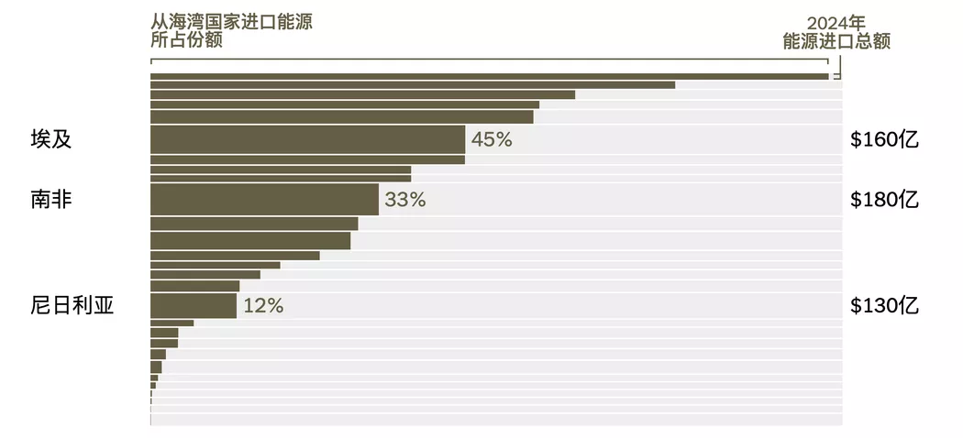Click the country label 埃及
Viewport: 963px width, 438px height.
point(51,139)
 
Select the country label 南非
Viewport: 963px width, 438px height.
point(51,199)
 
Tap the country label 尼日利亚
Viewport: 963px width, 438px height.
point(72,305)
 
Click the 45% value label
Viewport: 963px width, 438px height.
point(491,140)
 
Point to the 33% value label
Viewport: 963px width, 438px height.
point(405,200)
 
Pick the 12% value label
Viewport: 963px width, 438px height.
point(263,306)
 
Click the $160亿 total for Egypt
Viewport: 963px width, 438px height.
point(884,140)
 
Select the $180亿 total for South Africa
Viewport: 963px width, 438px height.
point(884,200)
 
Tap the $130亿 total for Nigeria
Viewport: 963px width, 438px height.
point(884,306)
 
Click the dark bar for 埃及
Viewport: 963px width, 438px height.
point(307,139)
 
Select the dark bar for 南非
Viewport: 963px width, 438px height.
point(264,199)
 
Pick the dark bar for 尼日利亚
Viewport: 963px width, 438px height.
point(194,305)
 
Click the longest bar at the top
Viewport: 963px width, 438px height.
point(489,76)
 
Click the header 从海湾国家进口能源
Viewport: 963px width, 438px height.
point(231,22)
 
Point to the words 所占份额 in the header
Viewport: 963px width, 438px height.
point(186,40)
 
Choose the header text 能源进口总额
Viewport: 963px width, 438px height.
point(836,41)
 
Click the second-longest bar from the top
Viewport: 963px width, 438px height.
point(412,85)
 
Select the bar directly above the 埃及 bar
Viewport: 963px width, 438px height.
point(341,116)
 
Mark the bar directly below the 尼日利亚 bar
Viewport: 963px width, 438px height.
point(172,323)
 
